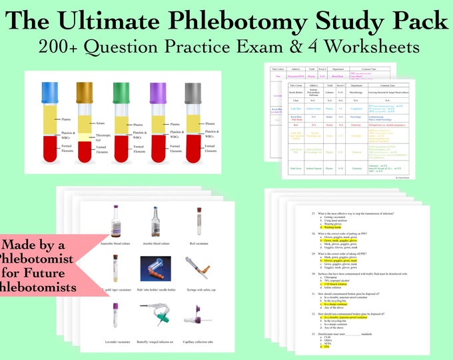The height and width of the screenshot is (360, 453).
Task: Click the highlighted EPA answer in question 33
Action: tap(326, 347)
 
